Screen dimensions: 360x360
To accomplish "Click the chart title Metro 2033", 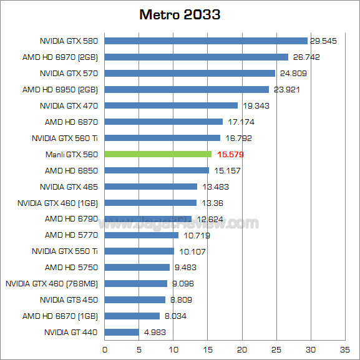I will point(180,14).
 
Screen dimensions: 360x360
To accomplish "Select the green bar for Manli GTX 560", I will point(158,154).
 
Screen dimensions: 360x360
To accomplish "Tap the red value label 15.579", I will point(230,154).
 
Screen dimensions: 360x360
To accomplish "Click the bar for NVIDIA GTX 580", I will point(206,41).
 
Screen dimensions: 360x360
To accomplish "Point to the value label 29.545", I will point(323,41).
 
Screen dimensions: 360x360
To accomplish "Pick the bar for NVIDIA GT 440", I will point(122,332).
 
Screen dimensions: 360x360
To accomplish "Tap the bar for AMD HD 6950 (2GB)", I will point(187,89).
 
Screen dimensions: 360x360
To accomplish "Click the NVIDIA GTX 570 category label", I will point(69,73).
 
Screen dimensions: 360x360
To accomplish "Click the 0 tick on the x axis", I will point(105,349).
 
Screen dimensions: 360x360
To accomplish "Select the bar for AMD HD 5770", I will point(142,235).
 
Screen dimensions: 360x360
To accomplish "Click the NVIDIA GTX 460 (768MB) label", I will point(52,283).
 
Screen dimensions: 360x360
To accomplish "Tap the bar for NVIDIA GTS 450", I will point(135,299).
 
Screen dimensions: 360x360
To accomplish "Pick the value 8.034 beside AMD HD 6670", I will point(175,316).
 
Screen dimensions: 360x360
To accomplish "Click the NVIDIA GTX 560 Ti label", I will point(65,138).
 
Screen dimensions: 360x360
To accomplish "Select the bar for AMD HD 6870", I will point(163,122).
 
